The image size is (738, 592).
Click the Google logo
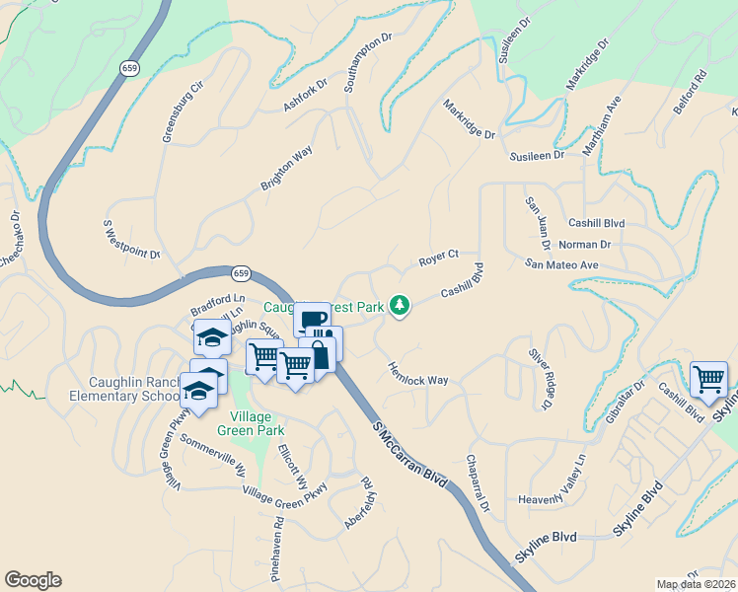[33, 580]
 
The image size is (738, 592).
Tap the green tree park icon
[400, 306]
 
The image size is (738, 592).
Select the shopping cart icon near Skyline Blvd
[708, 377]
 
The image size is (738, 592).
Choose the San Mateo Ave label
[561, 264]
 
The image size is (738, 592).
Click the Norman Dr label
[584, 244]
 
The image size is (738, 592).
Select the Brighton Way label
[286, 169]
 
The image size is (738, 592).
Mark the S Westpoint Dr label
[131, 239]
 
